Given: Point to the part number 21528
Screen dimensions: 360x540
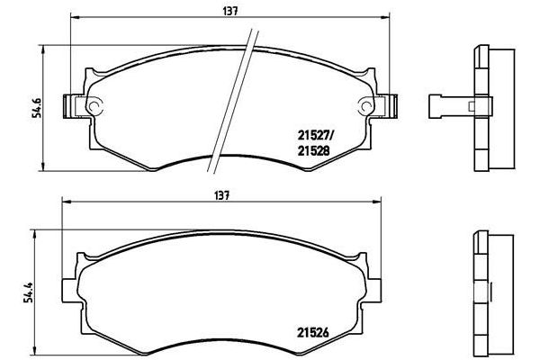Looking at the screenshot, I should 314,152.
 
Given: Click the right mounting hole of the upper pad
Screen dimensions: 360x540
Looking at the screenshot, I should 366,105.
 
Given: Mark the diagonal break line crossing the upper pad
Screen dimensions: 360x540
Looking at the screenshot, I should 230,99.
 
